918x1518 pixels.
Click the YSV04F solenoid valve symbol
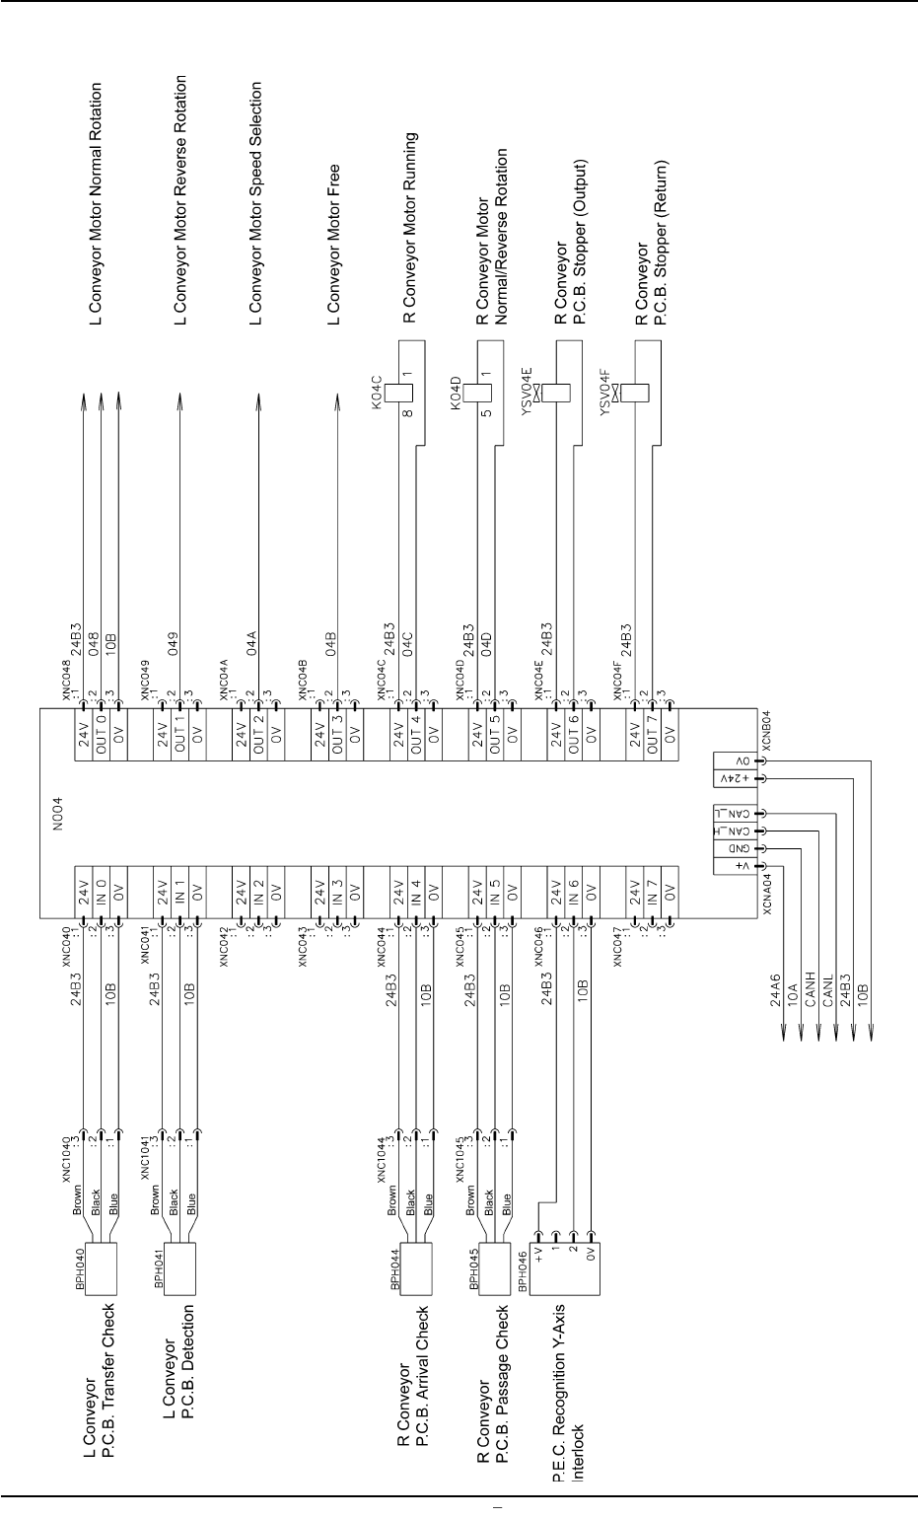pyautogui.click(x=636, y=391)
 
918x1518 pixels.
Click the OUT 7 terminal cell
pyautogui.click(x=652, y=732)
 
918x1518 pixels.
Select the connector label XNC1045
pyautogui.click(x=460, y=1157)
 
